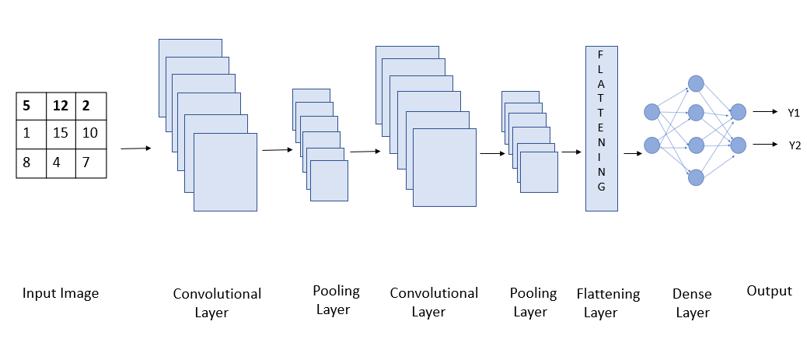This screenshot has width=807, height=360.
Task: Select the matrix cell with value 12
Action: coord(61,104)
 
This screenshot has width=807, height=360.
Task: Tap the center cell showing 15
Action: coord(61,133)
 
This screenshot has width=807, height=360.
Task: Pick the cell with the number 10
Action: coord(90,133)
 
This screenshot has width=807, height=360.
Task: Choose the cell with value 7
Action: coord(90,163)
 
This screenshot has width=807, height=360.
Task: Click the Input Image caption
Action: coord(61,293)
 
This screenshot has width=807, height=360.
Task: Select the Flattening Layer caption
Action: coord(608,303)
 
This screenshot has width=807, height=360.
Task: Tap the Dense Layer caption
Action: coord(692,303)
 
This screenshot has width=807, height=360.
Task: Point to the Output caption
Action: coord(769,291)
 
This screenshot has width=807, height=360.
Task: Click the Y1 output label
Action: coord(793,113)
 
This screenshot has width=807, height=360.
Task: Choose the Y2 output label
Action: coord(793,145)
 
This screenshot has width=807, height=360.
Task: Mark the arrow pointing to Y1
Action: coord(766,112)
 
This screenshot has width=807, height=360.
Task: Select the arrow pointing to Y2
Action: coord(766,145)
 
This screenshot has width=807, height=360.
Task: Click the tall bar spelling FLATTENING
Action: coord(601,128)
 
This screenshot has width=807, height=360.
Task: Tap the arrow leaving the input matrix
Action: coord(136,148)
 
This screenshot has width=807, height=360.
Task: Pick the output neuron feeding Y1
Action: coord(738,112)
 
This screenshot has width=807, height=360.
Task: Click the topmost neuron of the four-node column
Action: coord(696,82)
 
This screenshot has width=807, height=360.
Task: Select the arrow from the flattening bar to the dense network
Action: coord(633,153)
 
